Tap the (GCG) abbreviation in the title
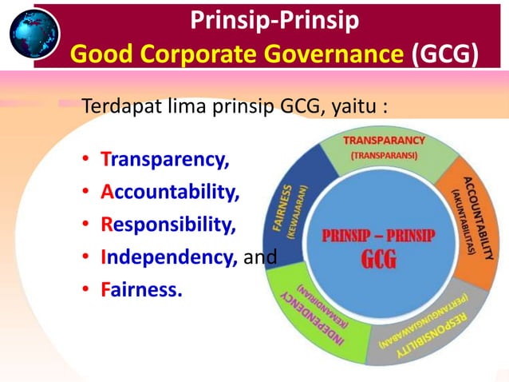pos(446,54)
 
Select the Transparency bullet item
pos(165,159)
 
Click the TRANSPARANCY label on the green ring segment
pos(385,141)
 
